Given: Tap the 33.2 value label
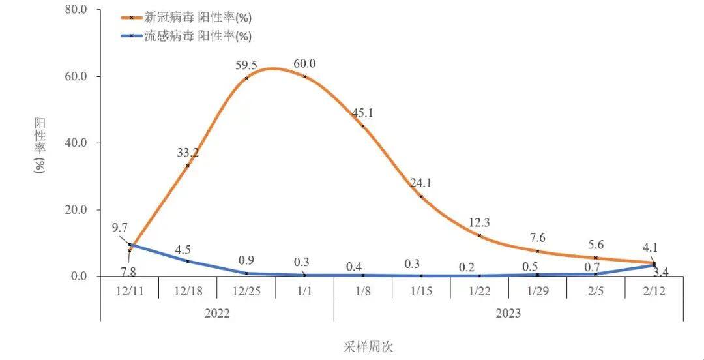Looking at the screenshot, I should pyautogui.click(x=188, y=153).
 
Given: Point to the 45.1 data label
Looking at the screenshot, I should pyautogui.click(x=362, y=113).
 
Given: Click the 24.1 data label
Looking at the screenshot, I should pyautogui.click(x=421, y=183).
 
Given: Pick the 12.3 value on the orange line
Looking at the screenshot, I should pyautogui.click(x=479, y=223).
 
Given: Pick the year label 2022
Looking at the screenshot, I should pyautogui.click(x=217, y=314).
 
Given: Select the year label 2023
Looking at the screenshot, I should pyautogui.click(x=508, y=314).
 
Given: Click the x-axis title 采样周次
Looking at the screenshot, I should pyautogui.click(x=369, y=346).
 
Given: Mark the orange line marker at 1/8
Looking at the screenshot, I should pyautogui.click(x=362, y=126).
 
